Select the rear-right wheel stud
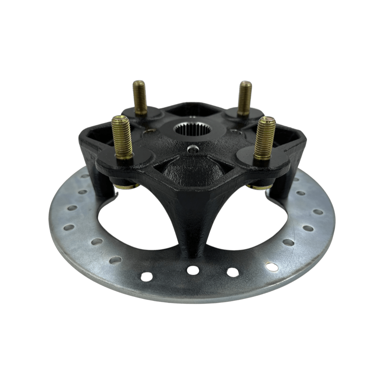[x=245, y=97]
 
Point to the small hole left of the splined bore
[x=148, y=134]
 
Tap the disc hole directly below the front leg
[x=193, y=270]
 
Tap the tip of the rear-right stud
[x=245, y=84]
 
